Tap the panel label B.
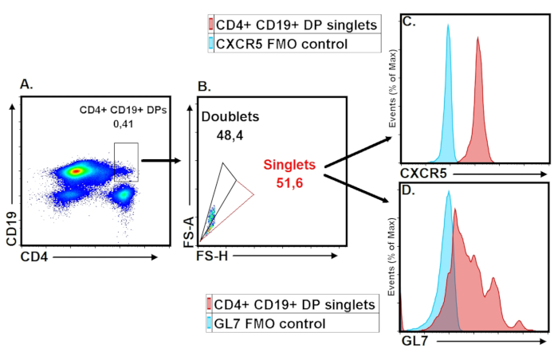203,85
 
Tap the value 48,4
230,135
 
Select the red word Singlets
290,165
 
